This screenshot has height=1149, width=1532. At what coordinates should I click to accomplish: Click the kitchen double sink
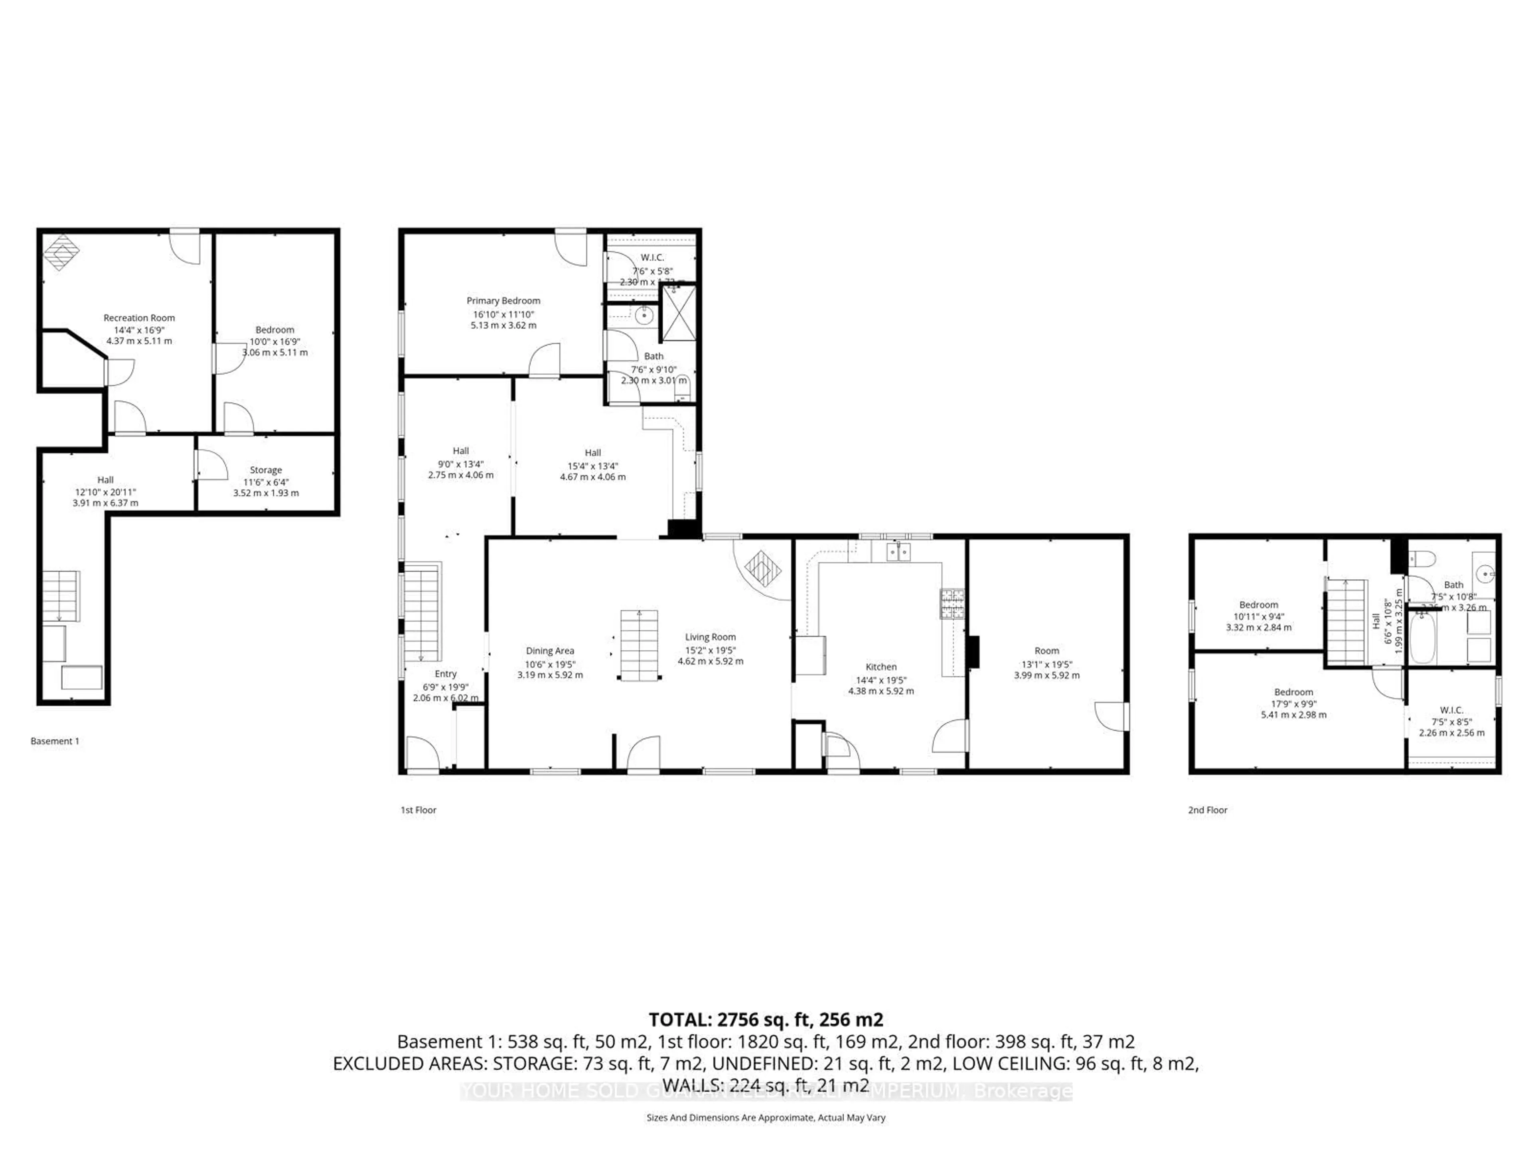[x=898, y=552]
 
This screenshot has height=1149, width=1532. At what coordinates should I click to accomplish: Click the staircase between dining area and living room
[x=639, y=646]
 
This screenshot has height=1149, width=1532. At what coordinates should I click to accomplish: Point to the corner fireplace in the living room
[x=762, y=569]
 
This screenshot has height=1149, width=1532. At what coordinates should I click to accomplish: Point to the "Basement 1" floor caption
[x=55, y=741]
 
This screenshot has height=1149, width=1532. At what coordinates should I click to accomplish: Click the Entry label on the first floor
[x=445, y=674]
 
